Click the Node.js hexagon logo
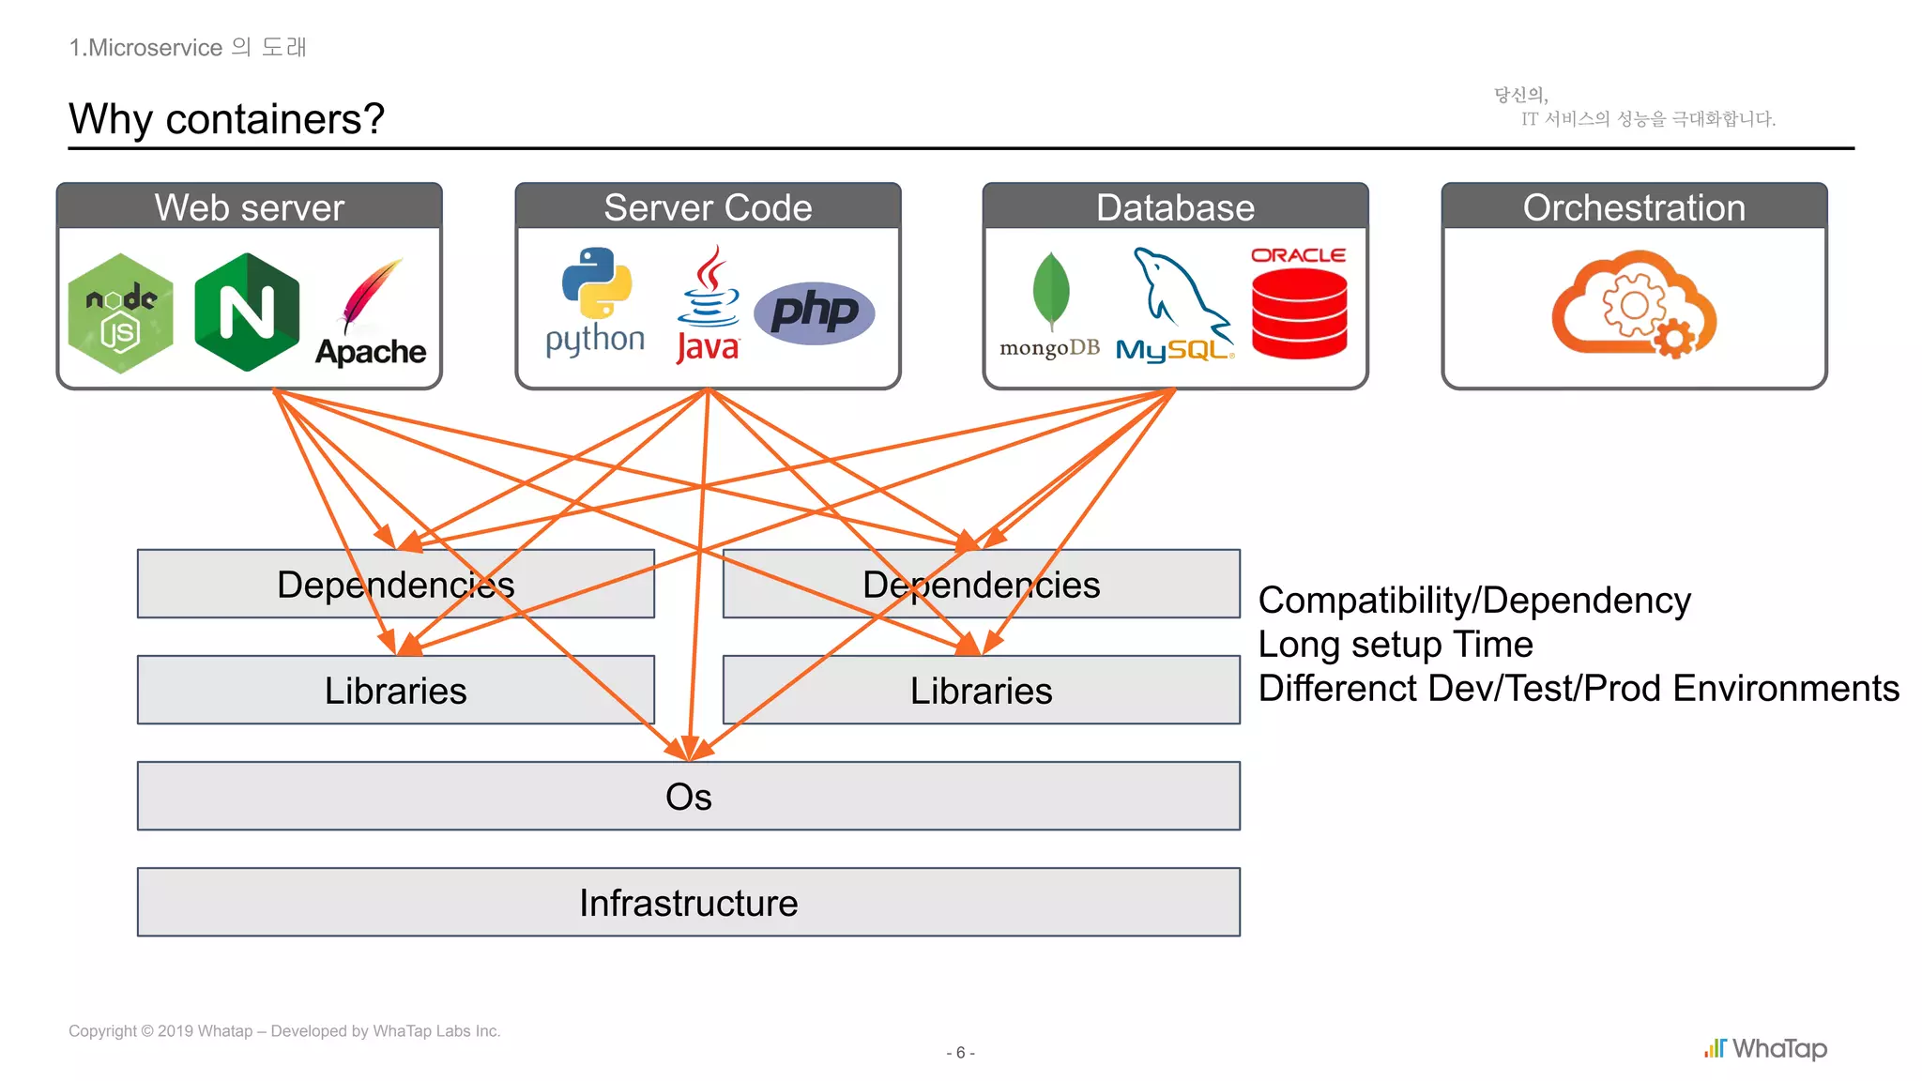coord(121,312)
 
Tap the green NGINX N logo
coord(247,312)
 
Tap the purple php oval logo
coord(814,312)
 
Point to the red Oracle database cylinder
coord(1299,312)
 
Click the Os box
coord(688,797)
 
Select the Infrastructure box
coord(688,903)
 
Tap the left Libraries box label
coord(395,691)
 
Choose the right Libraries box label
coord(981,691)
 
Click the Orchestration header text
coord(1634,207)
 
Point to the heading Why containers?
coord(226,119)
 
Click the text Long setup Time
coord(1395,645)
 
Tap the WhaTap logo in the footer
coord(1765,1048)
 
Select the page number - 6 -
coord(960,1053)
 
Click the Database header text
coord(1175,207)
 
